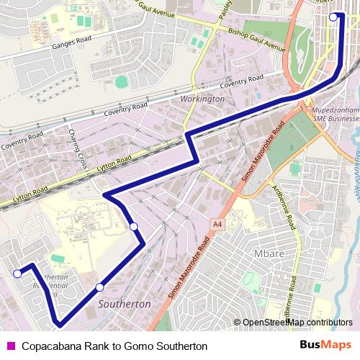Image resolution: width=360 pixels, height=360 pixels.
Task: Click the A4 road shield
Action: pyautogui.click(x=217, y=225)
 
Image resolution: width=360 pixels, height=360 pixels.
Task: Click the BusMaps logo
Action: pyautogui.click(x=330, y=346)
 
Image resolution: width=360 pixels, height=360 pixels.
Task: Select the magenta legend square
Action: pyautogui.click(x=9, y=346)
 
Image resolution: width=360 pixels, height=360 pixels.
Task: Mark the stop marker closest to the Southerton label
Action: pyautogui.click(x=99, y=288)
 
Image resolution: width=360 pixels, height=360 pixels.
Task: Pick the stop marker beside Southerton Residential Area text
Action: pyautogui.click(x=17, y=273)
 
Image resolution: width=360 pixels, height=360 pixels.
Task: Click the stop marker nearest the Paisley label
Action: pyautogui.click(x=333, y=17)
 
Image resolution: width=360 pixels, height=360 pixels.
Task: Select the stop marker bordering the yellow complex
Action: pyautogui.click(x=134, y=227)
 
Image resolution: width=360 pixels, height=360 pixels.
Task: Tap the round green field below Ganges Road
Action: pyautogui.click(x=121, y=82)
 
